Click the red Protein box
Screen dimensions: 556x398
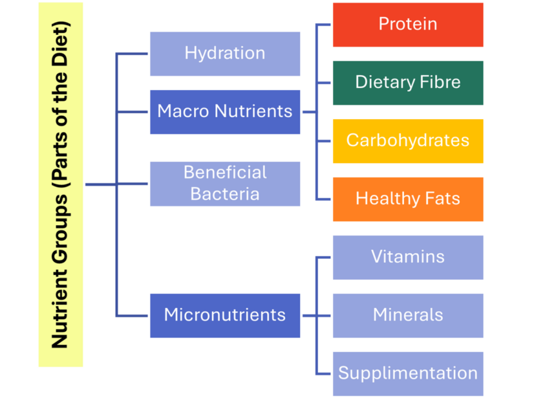[x=408, y=25]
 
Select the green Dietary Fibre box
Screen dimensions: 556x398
[x=408, y=83]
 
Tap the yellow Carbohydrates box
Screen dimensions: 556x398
[x=408, y=141]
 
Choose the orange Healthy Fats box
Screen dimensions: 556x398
[x=408, y=199]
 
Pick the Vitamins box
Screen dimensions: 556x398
[x=408, y=258]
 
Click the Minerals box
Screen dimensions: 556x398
[x=408, y=316]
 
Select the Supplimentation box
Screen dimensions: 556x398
[x=408, y=374]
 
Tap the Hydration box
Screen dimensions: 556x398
[x=225, y=54]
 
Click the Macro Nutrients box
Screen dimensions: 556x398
[x=225, y=112]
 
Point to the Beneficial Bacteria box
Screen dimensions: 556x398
[x=225, y=184]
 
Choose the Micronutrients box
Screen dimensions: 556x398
[x=225, y=316]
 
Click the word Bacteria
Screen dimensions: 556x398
[x=225, y=194]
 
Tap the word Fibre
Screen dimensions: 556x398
[x=440, y=82]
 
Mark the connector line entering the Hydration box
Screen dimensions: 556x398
[x=132, y=54]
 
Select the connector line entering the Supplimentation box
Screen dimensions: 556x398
[x=323, y=374]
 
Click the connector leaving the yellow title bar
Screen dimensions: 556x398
[x=101, y=184]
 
